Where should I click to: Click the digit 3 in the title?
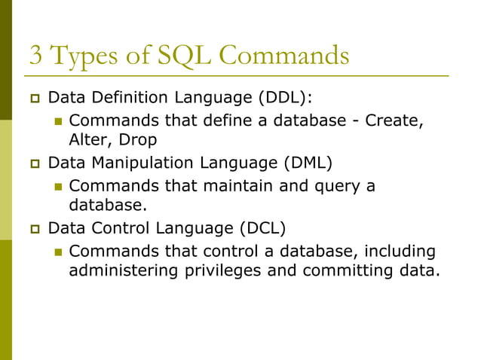36,56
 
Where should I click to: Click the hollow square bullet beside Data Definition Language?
33,99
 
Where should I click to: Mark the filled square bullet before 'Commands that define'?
57,121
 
